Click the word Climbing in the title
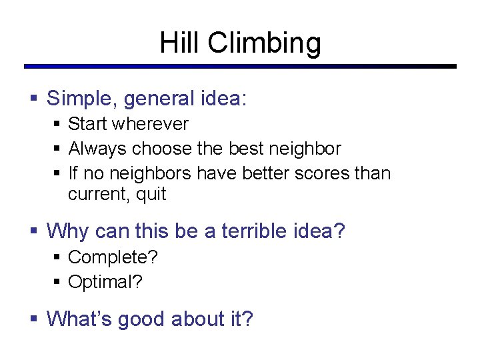[264, 44]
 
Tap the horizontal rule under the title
[240, 67]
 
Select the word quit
[151, 195]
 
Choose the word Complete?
[113, 257]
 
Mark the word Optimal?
[105, 282]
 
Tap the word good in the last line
[141, 320]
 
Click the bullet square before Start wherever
[58, 124]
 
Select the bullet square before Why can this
[35, 231]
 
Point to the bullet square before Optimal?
[58, 282]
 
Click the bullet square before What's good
[35, 319]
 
